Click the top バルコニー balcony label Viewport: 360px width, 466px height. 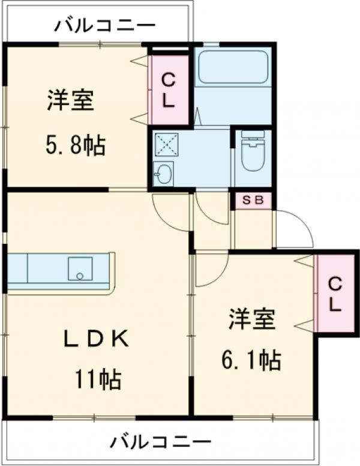(104, 26)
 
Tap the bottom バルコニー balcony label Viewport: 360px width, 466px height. (160, 442)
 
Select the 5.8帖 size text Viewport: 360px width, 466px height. (76, 145)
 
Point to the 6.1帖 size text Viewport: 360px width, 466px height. (251, 360)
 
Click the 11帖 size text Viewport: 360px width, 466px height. (98, 379)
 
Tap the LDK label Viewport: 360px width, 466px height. (97, 339)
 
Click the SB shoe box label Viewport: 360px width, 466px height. (253, 200)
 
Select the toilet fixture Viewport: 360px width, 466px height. (253, 151)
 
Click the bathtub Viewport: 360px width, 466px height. (233, 67)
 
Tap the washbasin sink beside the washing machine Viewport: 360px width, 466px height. (163, 174)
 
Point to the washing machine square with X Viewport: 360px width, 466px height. (166, 144)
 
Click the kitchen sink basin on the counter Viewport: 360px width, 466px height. (80, 269)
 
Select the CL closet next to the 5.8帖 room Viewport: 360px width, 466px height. (169, 89)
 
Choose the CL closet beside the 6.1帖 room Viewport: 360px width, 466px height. (335, 294)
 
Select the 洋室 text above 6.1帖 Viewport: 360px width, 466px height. (251, 319)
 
